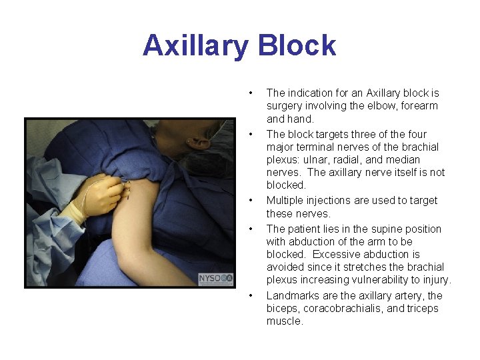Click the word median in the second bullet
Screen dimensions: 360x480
pyautogui.click(x=403, y=160)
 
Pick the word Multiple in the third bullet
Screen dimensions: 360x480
pyautogui.click(x=285, y=201)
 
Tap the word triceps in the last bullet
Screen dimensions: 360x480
pyautogui.click(x=423, y=309)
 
